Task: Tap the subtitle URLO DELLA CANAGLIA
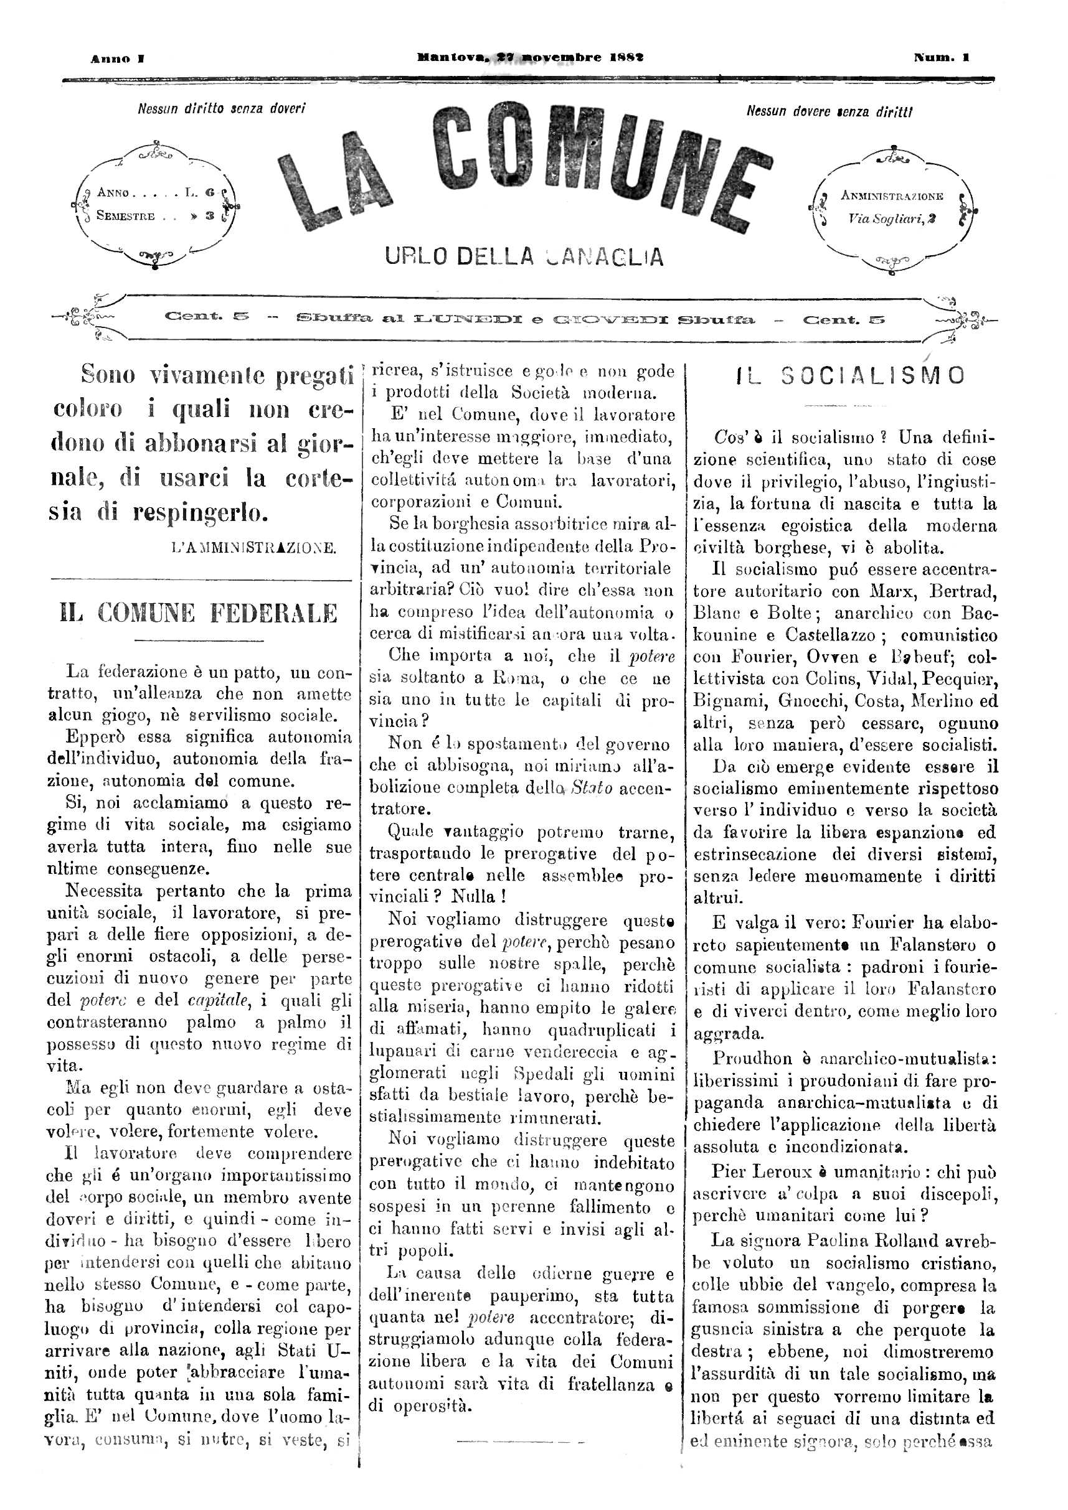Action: (524, 256)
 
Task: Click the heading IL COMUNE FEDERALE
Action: (199, 614)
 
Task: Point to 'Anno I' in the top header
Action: (118, 59)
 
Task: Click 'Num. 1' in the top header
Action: (941, 58)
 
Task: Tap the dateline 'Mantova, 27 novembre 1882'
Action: (531, 58)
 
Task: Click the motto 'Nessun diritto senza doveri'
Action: (221, 108)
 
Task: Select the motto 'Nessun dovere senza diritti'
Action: (829, 112)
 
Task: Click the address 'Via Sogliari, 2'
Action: (892, 219)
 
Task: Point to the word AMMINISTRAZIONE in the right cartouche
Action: (892, 196)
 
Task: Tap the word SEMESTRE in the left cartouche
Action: (126, 216)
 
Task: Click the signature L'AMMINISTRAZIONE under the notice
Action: (253, 547)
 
